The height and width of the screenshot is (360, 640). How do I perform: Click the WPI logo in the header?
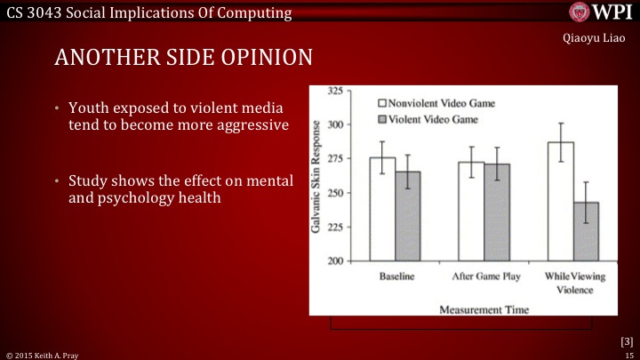601,13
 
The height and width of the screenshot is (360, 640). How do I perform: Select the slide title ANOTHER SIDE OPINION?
183,58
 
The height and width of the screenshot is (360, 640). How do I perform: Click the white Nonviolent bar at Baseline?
382,209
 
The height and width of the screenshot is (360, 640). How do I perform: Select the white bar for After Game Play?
471,212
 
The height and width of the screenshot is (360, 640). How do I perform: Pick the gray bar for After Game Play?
497,212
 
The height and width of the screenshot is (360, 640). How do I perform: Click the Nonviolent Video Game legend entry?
438,103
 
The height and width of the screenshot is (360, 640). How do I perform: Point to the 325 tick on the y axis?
337,91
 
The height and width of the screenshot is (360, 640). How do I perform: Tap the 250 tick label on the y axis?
337,193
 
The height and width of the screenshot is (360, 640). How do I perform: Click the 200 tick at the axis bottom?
337,261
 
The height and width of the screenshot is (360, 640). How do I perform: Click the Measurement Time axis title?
482,309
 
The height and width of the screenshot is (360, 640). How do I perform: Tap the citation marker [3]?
626,340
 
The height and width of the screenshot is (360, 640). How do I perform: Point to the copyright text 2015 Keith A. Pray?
44,354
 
